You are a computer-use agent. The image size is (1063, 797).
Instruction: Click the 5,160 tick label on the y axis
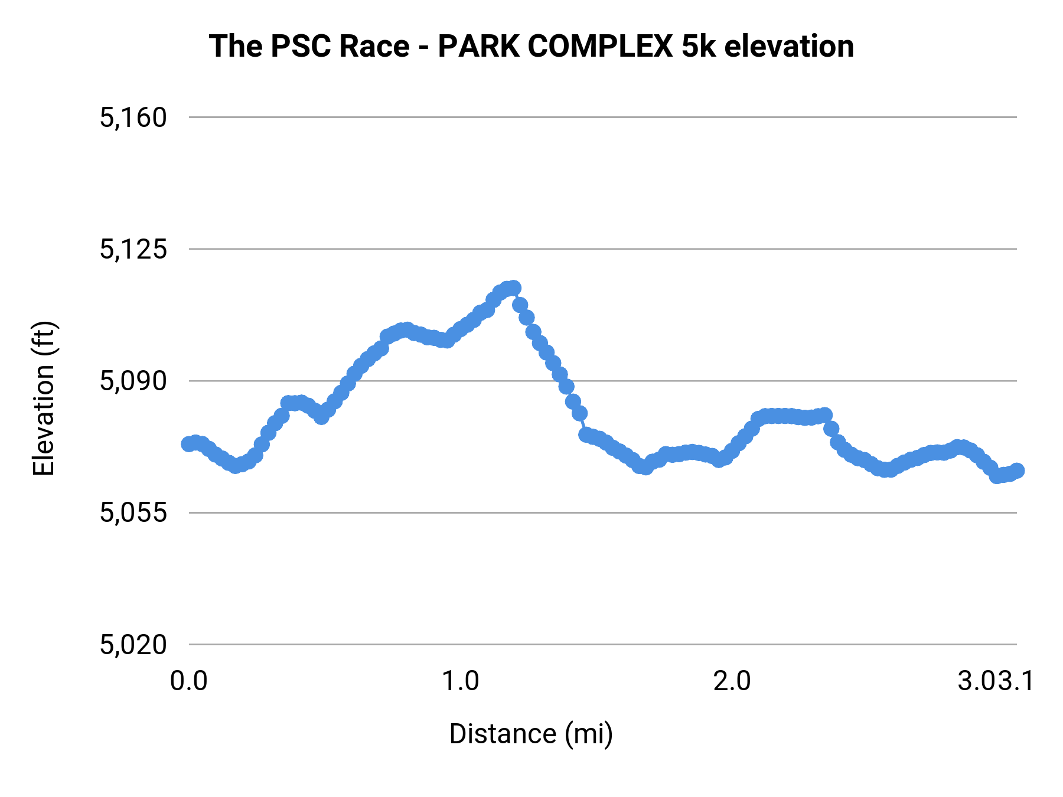point(133,118)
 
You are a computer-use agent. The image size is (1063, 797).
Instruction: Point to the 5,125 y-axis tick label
point(133,250)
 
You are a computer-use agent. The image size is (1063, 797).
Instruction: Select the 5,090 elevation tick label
point(133,381)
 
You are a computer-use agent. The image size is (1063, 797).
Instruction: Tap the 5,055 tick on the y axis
point(133,513)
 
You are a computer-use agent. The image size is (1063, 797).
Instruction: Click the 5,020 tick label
point(133,645)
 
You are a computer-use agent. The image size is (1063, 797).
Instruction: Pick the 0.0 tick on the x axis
point(189,681)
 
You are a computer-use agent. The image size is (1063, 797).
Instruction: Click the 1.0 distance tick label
point(461,681)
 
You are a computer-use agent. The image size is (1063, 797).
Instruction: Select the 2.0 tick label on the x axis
point(732,681)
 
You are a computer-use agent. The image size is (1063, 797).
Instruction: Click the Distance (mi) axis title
point(531,734)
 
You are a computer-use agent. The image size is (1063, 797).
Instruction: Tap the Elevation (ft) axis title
point(44,398)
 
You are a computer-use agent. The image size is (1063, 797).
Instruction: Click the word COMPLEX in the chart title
point(599,46)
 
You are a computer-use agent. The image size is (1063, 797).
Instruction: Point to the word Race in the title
point(374,46)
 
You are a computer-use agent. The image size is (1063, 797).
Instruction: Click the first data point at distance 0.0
point(188,444)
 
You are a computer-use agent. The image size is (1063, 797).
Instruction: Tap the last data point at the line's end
point(1017,471)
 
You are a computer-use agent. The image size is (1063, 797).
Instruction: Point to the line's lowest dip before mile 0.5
point(236,466)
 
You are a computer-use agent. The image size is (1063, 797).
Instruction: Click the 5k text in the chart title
point(699,46)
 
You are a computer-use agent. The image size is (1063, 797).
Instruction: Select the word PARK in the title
point(478,46)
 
